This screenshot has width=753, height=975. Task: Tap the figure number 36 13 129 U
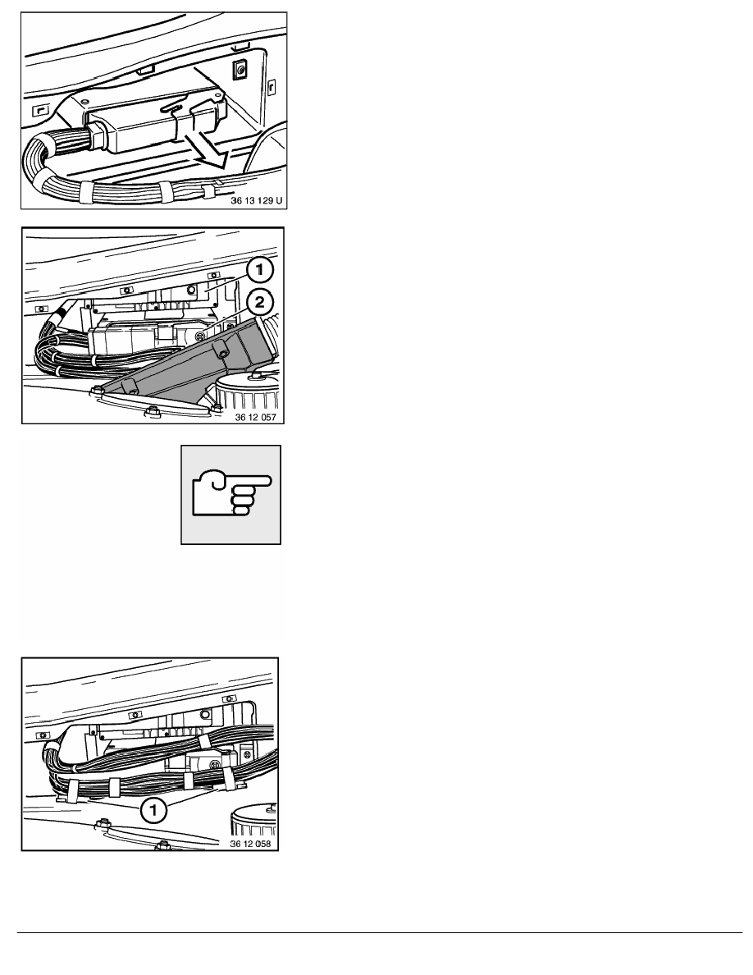[256, 200]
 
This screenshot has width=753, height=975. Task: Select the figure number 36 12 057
[255, 417]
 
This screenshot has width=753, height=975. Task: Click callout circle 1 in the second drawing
[260, 269]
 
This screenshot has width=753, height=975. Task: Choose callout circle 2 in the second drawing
[260, 302]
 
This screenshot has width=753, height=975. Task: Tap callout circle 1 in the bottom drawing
[153, 809]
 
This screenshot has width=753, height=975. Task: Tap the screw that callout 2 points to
[199, 336]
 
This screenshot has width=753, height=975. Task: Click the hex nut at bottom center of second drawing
[151, 412]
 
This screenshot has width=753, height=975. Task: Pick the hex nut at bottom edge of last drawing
[162, 845]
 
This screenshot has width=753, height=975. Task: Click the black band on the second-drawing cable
[60, 312]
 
